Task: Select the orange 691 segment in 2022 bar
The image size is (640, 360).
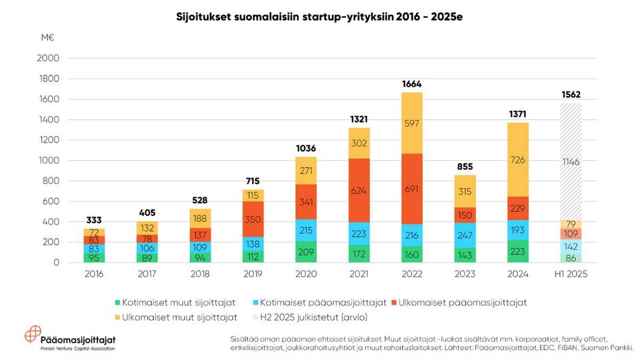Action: click(x=411, y=189)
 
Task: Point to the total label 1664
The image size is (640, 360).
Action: click(x=411, y=84)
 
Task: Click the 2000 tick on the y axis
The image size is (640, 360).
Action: click(x=49, y=59)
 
